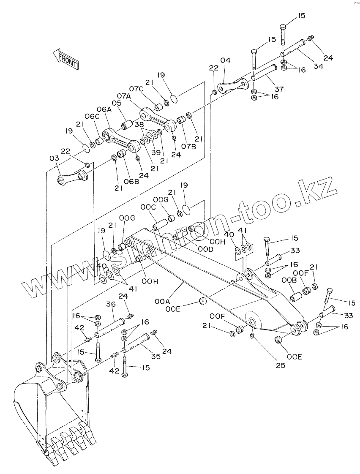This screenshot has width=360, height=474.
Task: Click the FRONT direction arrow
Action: tap(65, 58)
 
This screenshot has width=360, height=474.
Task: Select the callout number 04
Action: tap(225, 60)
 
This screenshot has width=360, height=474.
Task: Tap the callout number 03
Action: tap(54, 158)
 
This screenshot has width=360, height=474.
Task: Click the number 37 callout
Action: tap(279, 89)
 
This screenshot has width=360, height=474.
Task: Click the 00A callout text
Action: tap(162, 301)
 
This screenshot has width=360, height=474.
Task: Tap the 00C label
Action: tap(148, 207)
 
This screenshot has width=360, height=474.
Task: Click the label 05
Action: tap(117, 103)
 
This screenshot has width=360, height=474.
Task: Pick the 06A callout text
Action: tap(103, 109)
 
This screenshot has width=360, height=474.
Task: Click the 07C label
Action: tap(136, 89)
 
